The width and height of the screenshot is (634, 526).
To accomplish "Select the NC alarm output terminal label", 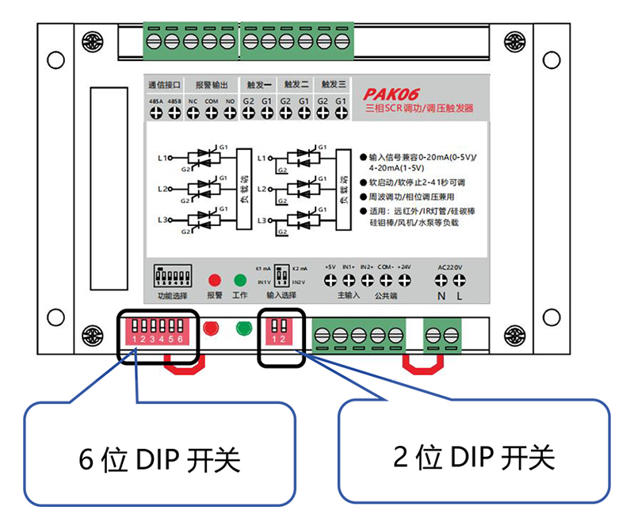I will click(193, 102).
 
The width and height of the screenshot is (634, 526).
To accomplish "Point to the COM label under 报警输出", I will click(211, 102).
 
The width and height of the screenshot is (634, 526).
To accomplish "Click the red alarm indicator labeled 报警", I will click(214, 280).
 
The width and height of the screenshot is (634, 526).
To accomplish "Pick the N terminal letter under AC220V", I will click(442, 296).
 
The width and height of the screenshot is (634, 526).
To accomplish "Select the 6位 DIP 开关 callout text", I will click(159, 459).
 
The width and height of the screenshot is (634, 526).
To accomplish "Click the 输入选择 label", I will click(281, 295).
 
